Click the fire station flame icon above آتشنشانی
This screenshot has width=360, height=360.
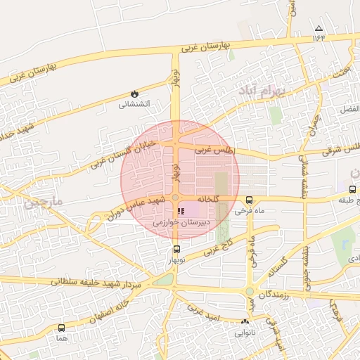[134, 94]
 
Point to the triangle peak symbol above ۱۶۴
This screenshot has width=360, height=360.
[319, 28]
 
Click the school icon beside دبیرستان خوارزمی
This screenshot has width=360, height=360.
[181, 210]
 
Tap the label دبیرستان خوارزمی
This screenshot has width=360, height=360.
[181, 222]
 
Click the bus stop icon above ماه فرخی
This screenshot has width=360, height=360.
[249, 200]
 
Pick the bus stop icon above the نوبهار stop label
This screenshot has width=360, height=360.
[176, 250]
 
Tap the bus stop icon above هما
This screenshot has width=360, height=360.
[61, 328]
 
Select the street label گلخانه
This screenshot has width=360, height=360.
[213, 199]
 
